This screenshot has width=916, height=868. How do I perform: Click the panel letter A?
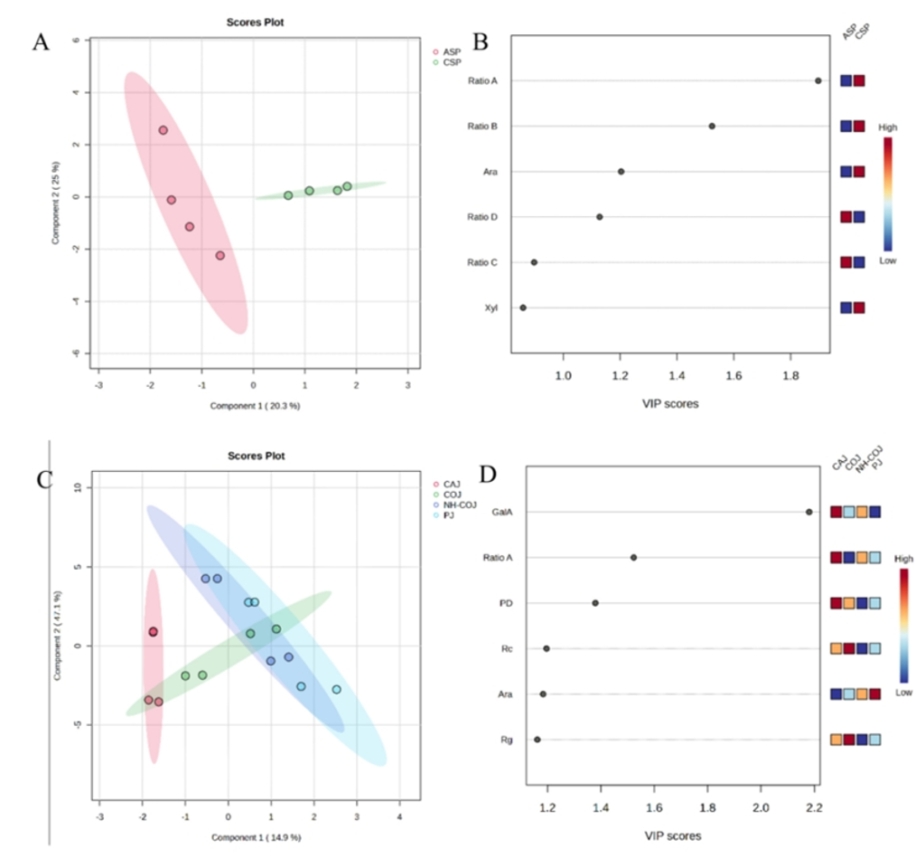(41, 42)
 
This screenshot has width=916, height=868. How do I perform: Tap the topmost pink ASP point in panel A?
(164, 130)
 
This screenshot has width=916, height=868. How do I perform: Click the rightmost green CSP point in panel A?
(347, 186)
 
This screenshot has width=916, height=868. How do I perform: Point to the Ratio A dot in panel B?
(818, 80)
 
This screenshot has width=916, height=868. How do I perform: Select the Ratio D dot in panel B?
(600, 217)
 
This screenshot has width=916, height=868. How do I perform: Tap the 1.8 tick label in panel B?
(791, 373)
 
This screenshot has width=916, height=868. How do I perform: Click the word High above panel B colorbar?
(888, 128)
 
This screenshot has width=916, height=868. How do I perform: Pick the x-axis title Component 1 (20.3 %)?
(255, 406)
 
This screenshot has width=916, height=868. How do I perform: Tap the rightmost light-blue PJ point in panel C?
(336, 690)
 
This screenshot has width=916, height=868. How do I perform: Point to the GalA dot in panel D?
(809, 512)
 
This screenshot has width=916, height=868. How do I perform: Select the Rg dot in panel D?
(537, 740)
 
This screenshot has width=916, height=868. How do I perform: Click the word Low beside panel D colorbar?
(904, 693)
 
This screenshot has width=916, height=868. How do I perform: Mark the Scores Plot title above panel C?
(255, 457)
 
